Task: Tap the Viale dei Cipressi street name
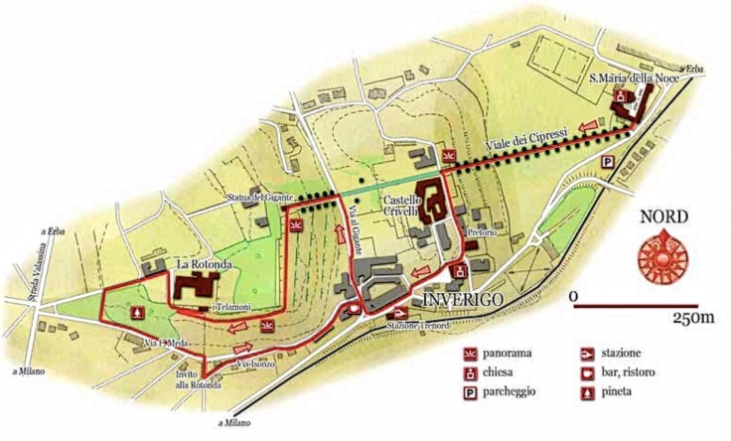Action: tap(525, 145)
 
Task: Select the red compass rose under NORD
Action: tap(663, 253)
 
